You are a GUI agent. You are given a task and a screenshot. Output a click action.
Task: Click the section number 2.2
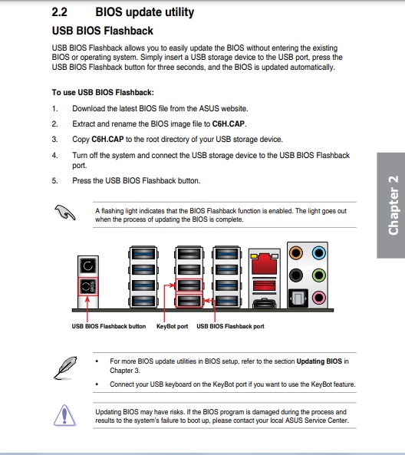coord(60,12)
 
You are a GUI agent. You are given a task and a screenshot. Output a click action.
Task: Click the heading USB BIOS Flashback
coord(103,31)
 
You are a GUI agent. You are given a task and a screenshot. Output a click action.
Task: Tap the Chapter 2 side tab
coord(391,205)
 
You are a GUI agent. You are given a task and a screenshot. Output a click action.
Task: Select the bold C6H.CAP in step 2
coord(229,124)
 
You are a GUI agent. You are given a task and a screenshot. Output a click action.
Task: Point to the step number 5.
coord(54,181)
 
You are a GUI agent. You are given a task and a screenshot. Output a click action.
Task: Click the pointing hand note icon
coord(65,213)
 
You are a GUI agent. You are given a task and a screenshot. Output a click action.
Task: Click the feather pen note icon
coord(65,368)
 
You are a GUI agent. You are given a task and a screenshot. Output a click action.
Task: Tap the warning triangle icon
coord(65,416)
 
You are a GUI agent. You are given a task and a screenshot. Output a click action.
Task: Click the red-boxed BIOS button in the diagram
coord(88,286)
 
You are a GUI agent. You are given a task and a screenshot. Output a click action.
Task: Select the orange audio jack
coord(296,252)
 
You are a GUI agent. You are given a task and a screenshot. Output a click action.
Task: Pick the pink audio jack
coord(319,298)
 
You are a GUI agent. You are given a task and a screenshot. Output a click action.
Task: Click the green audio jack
coord(319,275)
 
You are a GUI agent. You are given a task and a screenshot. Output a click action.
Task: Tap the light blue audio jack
coord(319,252)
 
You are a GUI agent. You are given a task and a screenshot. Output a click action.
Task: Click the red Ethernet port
coord(265,264)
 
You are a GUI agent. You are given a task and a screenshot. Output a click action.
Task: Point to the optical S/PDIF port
coord(298,298)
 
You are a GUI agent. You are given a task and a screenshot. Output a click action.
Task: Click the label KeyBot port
coord(172,326)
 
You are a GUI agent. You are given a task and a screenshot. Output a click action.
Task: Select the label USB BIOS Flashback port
coord(230,326)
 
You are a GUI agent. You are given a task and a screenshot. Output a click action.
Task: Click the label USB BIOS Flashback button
coord(109,326)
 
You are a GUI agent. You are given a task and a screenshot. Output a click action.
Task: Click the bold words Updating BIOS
coord(319,361)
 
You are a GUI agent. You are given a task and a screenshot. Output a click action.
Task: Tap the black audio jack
coord(296,275)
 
